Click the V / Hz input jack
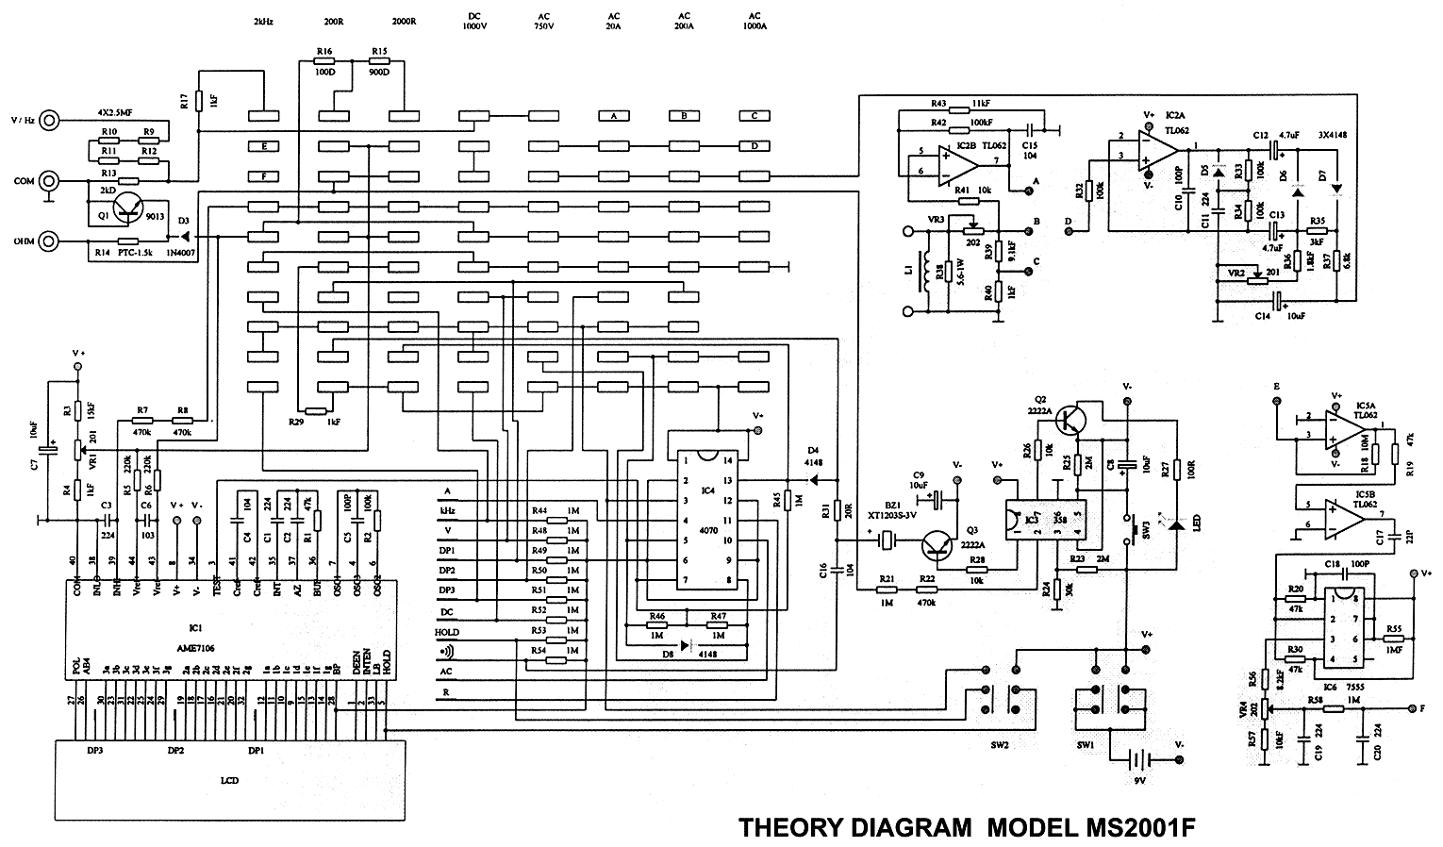click(x=50, y=120)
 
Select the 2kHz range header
click(x=263, y=21)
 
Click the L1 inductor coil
click(x=936, y=273)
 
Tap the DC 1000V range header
click(x=473, y=22)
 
